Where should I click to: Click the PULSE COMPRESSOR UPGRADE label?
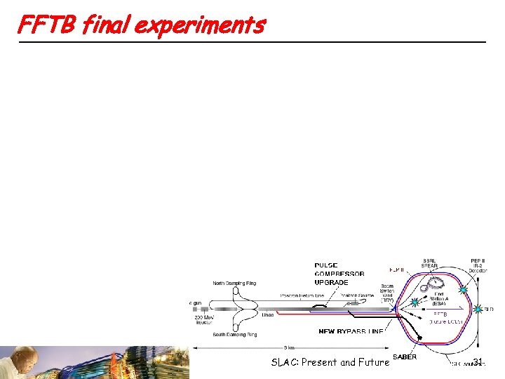point(339,274)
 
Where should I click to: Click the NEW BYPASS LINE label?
point(351,331)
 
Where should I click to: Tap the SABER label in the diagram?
point(405,357)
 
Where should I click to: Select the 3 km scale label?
point(287,347)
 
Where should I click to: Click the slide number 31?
point(479,362)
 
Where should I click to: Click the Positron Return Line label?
point(304,295)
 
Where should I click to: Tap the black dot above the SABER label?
point(419,339)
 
